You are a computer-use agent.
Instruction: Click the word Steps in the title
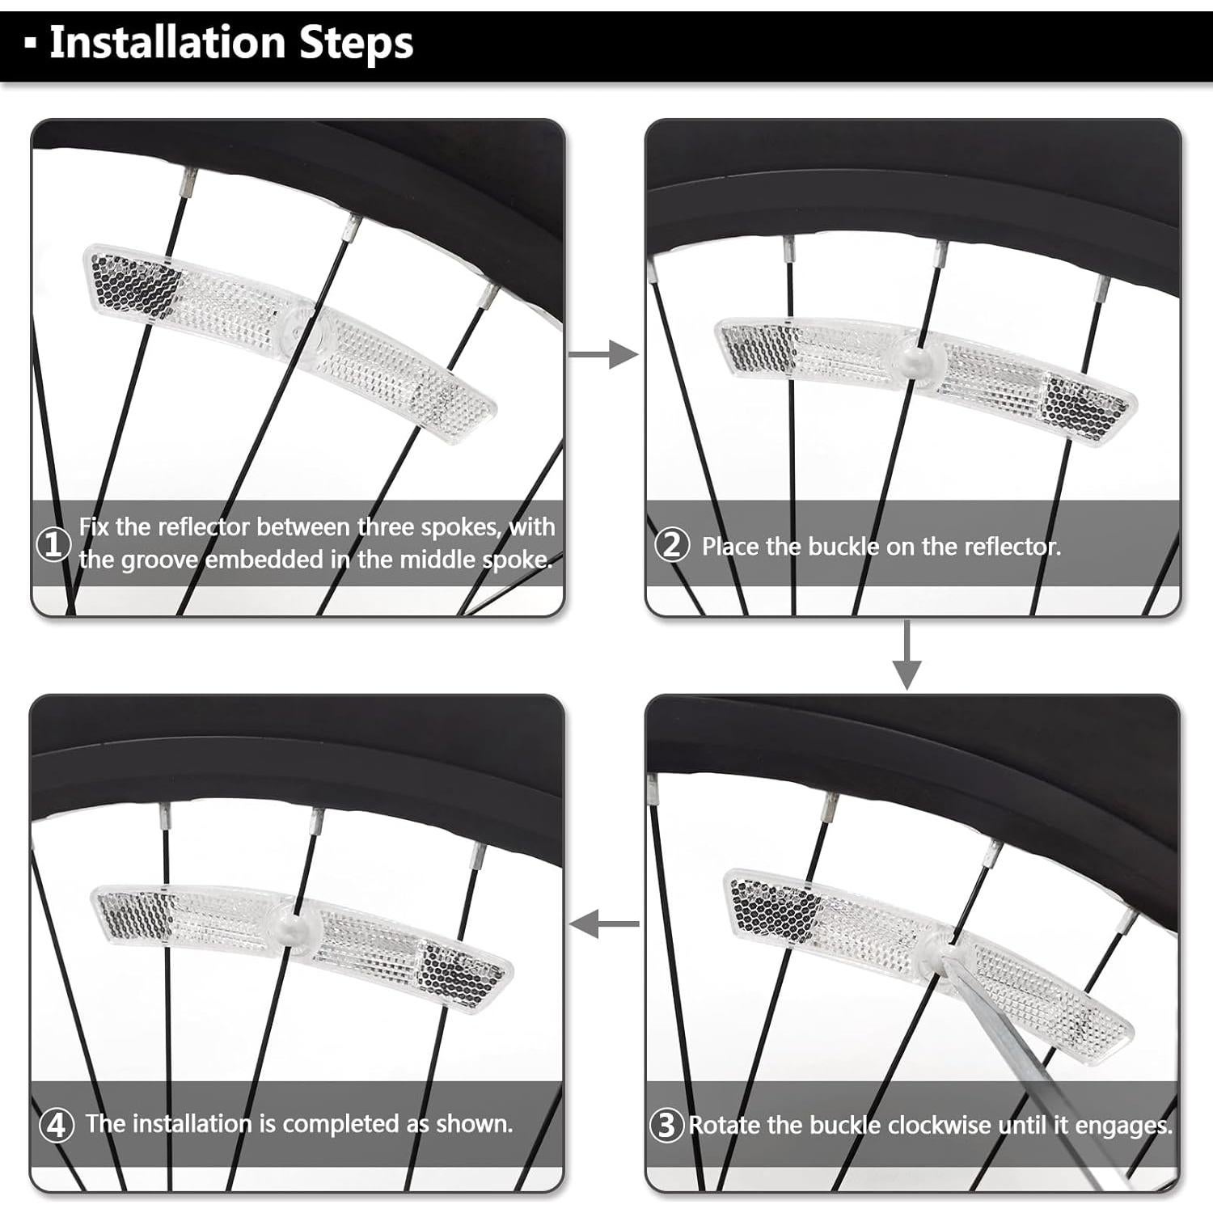[357, 44]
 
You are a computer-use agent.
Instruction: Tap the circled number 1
[54, 544]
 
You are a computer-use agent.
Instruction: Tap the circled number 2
[672, 545]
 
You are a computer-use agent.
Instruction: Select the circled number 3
[667, 1125]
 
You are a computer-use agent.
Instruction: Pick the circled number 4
[56, 1125]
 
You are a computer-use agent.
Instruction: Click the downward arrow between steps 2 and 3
[907, 655]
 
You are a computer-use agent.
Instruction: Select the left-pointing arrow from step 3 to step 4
[604, 923]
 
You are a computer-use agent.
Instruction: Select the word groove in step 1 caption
[159, 560]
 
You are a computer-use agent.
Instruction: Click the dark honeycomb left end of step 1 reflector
[134, 285]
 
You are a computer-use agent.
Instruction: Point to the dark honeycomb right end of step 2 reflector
[1083, 409]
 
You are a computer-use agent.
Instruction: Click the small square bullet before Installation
[31, 44]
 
